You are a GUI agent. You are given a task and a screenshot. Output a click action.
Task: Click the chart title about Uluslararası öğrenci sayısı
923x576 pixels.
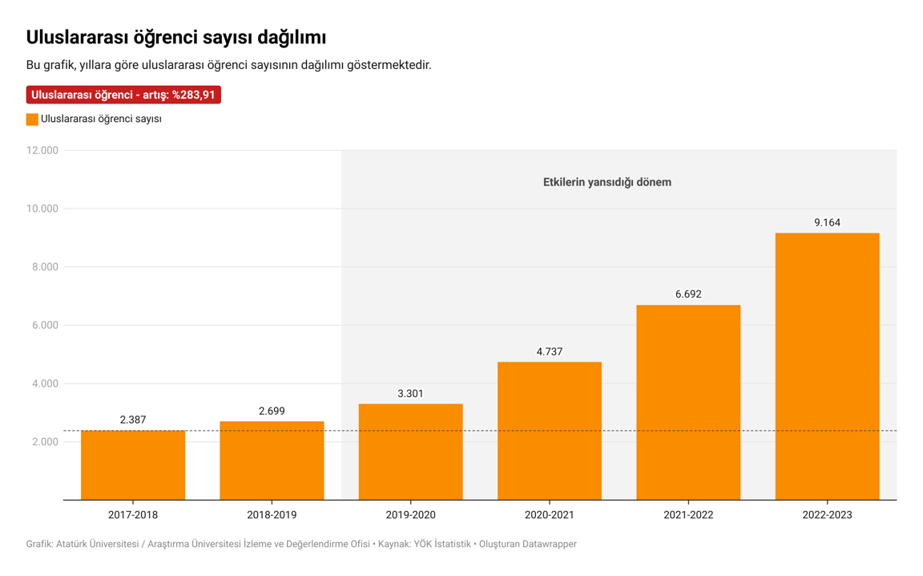point(175,37)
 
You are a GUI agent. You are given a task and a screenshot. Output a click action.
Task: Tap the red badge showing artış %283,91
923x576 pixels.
point(123,95)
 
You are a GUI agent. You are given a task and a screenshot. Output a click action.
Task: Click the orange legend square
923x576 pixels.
point(32,120)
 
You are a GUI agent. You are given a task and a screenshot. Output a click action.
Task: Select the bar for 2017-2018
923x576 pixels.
point(133,465)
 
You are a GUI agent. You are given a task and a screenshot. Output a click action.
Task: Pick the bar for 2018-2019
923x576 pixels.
point(272,460)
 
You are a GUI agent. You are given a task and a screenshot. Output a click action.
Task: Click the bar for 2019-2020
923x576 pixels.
point(410,452)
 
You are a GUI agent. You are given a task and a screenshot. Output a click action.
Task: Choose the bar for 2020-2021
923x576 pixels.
point(550,431)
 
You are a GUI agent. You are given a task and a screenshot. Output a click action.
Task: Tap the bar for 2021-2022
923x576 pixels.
point(688,402)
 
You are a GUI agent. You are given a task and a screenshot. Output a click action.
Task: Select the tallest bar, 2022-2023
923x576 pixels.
point(827,366)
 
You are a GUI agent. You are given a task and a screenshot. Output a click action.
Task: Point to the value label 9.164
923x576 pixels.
point(827,222)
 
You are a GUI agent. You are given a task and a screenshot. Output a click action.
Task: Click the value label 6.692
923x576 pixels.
point(688,294)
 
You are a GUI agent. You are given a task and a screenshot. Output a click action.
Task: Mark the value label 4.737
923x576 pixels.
point(550,351)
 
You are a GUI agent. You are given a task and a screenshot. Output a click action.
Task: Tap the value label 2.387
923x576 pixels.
point(133,420)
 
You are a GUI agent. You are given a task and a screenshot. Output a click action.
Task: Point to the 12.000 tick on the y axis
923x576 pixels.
point(42,151)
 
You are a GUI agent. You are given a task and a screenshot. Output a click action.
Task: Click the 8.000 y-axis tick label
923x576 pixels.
point(45,267)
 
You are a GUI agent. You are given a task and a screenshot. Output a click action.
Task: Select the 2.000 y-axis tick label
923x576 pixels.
point(45,442)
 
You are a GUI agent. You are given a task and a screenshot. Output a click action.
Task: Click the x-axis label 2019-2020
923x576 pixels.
point(410,515)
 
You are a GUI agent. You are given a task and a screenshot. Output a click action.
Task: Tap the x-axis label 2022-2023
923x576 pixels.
point(827,515)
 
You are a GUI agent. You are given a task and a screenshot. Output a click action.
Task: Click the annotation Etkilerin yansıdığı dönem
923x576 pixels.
point(607,182)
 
